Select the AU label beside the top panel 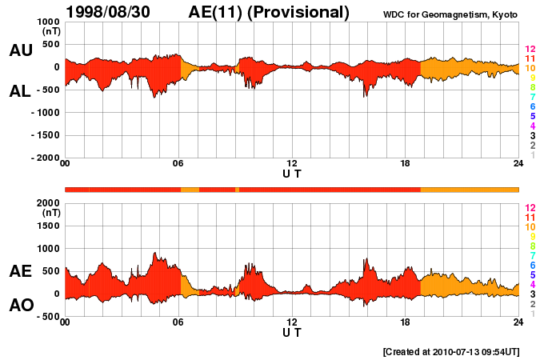(20, 50)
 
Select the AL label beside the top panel (20, 91)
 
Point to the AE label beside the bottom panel (20, 272)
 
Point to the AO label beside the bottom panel (20, 306)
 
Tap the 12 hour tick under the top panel (292, 163)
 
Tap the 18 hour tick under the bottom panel (406, 322)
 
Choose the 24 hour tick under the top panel (518, 163)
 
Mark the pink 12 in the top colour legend (530, 50)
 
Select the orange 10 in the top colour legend (530, 69)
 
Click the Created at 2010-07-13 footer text (450, 351)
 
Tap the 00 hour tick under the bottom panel (65, 322)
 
